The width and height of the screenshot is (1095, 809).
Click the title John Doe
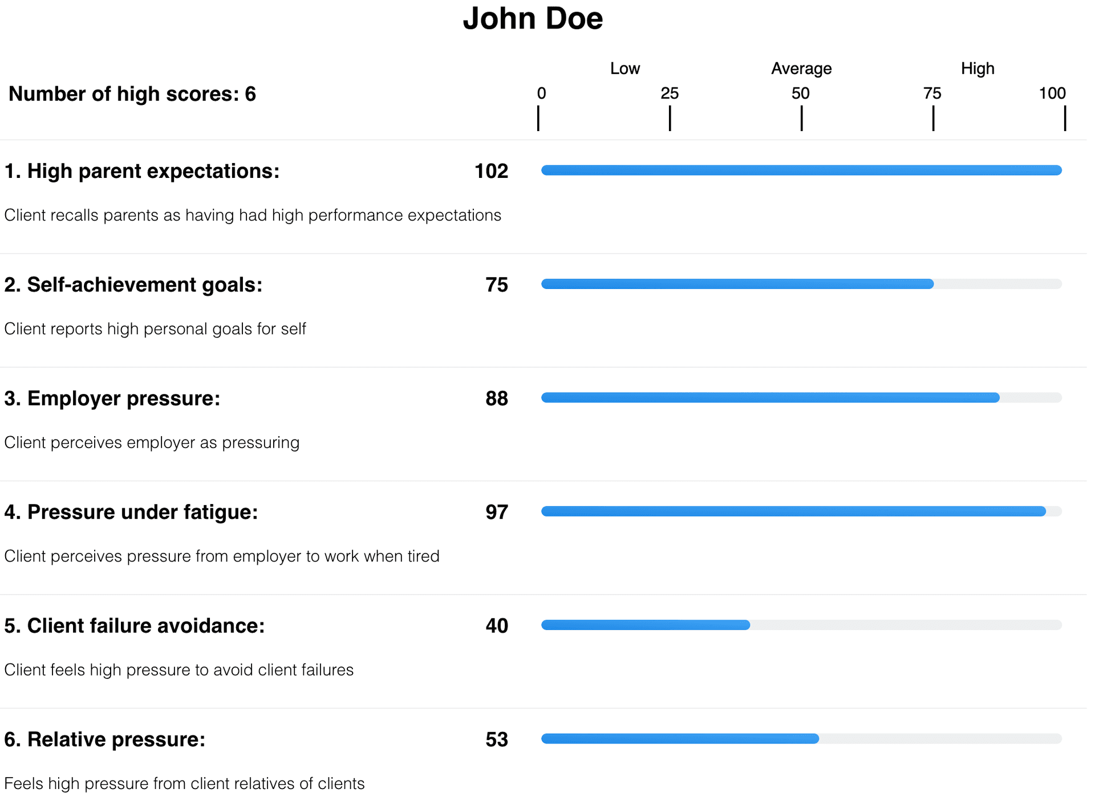pyautogui.click(x=533, y=19)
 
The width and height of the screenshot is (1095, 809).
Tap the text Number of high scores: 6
pyautogui.click(x=132, y=94)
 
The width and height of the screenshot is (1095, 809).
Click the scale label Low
pyautogui.click(x=625, y=69)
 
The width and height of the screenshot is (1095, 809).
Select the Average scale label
pyautogui.click(x=801, y=69)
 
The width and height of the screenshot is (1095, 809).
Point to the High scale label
pyautogui.click(x=978, y=69)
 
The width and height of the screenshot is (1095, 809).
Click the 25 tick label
pyautogui.click(x=670, y=93)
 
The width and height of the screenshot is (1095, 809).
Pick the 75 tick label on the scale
pyautogui.click(x=932, y=93)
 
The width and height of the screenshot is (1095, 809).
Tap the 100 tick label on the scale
pyautogui.click(x=1052, y=93)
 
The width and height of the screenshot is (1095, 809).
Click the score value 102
pyautogui.click(x=491, y=172)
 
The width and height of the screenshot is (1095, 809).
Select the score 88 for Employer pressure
pyautogui.click(x=497, y=399)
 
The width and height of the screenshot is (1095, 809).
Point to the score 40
pyautogui.click(x=497, y=626)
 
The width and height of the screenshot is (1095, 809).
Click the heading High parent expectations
pyautogui.click(x=142, y=172)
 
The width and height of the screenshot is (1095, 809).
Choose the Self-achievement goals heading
pyautogui.click(x=133, y=285)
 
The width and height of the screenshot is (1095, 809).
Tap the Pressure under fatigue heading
pyautogui.click(x=131, y=513)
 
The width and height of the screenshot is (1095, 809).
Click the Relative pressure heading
pyautogui.click(x=105, y=739)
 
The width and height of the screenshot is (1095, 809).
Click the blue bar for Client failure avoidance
pyautogui.click(x=646, y=625)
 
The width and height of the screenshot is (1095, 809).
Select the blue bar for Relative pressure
pyautogui.click(x=680, y=739)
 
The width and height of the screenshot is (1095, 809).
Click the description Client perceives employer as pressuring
pyautogui.click(x=152, y=443)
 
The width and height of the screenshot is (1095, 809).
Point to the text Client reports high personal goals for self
pyautogui.click(x=155, y=330)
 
